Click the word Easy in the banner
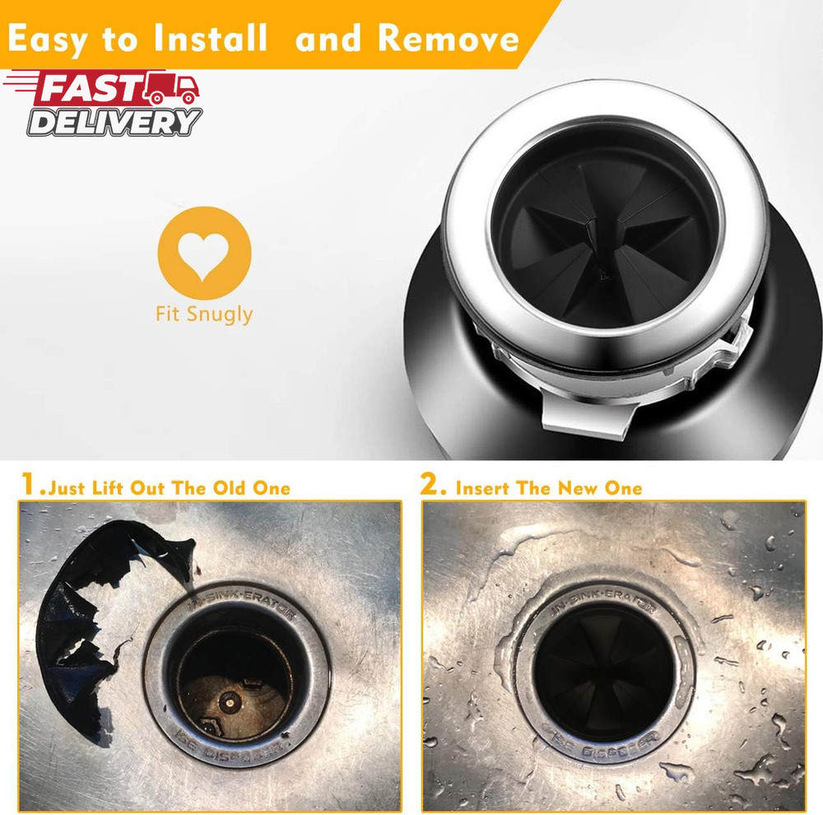56,39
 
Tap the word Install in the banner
208,39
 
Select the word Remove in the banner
449,39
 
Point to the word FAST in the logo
88,88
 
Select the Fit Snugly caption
204,314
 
